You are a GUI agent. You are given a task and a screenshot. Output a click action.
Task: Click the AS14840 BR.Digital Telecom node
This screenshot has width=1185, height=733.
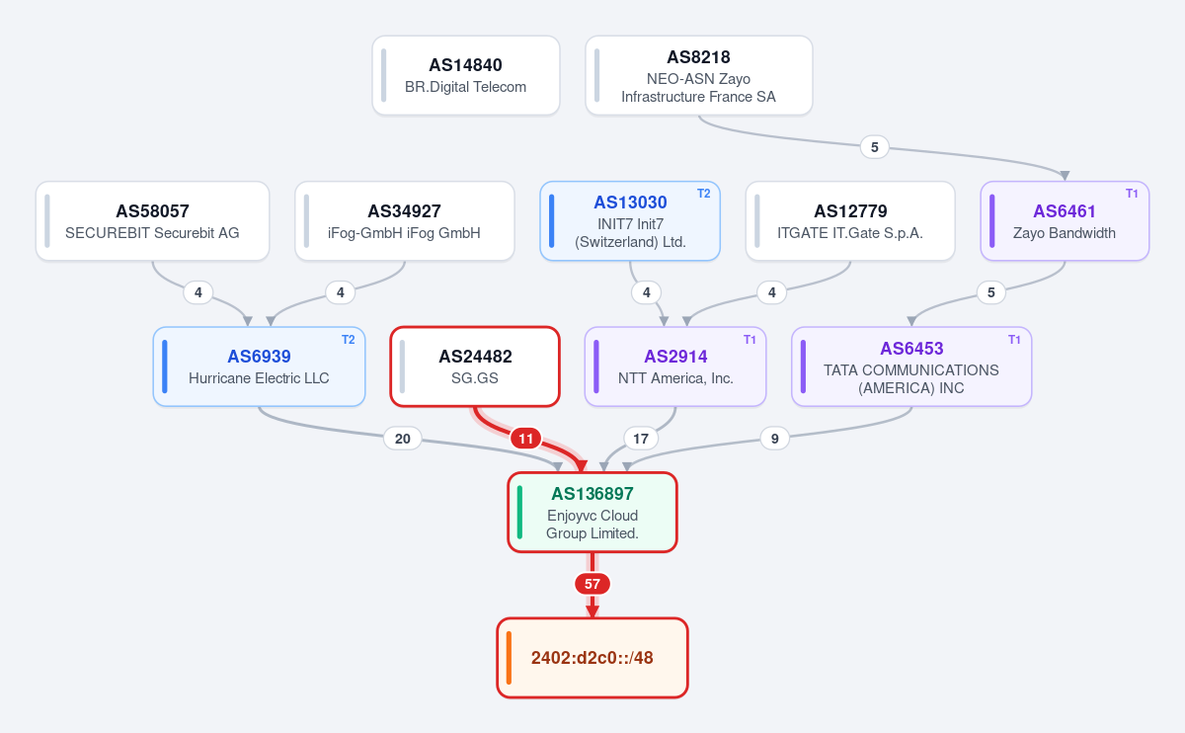click(x=465, y=75)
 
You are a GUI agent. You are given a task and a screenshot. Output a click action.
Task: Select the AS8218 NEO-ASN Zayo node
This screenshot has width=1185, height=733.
click(x=699, y=75)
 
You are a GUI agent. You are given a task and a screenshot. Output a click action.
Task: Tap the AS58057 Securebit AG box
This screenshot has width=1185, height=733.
click(x=152, y=221)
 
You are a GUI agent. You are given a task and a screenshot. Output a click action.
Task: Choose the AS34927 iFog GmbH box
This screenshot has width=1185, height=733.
click(x=405, y=221)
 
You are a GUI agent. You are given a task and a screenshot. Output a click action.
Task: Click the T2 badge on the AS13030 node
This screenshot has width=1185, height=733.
click(x=703, y=194)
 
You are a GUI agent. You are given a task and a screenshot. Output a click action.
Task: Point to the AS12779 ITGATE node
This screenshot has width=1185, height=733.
click(x=850, y=221)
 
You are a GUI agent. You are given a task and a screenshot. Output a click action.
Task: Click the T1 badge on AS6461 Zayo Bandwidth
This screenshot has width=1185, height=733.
click(x=1132, y=194)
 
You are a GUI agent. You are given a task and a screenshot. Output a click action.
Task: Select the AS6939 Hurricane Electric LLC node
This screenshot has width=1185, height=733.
click(x=259, y=366)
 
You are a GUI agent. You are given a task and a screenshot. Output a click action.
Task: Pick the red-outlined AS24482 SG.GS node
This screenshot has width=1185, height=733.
click(x=475, y=366)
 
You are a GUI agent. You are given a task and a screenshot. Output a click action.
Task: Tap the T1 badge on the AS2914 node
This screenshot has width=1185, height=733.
click(x=750, y=340)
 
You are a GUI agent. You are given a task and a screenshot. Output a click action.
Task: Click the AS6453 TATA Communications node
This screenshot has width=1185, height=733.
click(x=911, y=366)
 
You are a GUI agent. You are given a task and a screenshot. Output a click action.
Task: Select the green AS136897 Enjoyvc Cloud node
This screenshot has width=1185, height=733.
click(x=592, y=513)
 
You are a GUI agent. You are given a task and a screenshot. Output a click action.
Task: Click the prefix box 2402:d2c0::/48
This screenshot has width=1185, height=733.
click(x=592, y=658)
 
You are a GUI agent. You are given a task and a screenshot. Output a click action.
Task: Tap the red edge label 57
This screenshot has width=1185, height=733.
click(x=592, y=584)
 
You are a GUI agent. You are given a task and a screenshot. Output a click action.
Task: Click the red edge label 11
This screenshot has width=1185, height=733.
click(x=525, y=439)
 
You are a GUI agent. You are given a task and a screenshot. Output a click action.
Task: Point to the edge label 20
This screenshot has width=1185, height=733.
click(x=403, y=439)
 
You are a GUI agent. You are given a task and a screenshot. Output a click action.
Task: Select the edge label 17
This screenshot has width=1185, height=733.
click(x=641, y=439)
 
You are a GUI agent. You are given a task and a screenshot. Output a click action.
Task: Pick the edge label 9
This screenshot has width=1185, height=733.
click(x=774, y=439)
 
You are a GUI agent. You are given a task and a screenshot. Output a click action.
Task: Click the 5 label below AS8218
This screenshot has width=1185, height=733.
click(x=875, y=146)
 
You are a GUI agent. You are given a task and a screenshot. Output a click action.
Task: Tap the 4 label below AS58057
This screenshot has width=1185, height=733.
click(x=197, y=292)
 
